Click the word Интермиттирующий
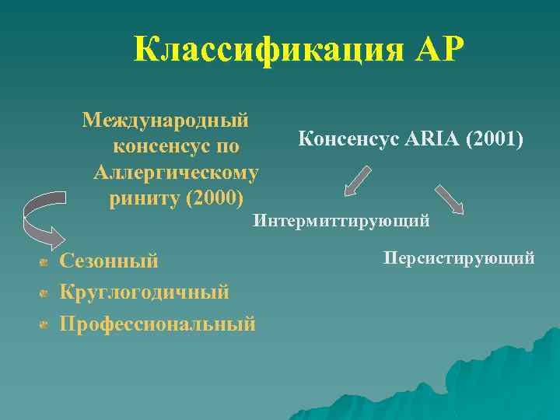[341, 222]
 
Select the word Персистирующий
[459, 257]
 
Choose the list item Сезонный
[109, 261]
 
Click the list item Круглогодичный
[145, 292]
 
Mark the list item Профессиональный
[157, 324]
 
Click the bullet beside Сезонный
[44, 262]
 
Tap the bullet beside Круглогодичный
[44, 293]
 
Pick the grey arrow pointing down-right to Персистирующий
[450, 198]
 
